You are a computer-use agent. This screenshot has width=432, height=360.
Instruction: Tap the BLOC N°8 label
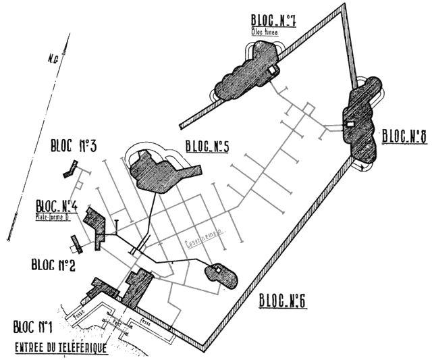point(402,135)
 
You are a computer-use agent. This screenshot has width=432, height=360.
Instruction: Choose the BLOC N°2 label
point(53,264)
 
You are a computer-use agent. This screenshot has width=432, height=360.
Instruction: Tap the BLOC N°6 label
point(283,300)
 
